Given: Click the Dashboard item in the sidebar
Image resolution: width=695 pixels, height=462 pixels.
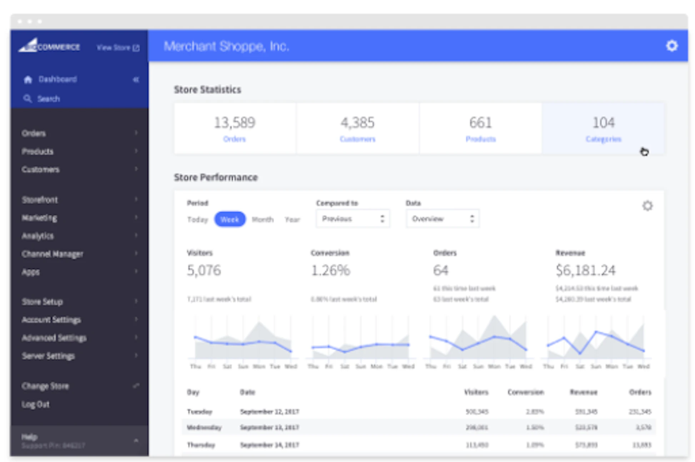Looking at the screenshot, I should pos(57,79).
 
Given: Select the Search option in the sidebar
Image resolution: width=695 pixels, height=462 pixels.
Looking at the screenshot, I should pos(48,99).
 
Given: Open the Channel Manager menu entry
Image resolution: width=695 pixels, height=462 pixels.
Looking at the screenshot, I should pos(52,254).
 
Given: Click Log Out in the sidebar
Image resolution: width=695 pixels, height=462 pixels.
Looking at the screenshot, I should pos(35,405).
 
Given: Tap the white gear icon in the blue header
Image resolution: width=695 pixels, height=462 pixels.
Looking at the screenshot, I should pos(671,46).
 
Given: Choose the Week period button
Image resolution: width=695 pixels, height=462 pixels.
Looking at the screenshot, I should pos(230,219).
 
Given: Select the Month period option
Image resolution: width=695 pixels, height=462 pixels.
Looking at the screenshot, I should pos(262,219).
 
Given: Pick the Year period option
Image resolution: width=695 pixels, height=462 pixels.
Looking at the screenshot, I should pos(292,219).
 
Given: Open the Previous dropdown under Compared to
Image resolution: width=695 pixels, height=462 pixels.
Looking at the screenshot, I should pos(352,219).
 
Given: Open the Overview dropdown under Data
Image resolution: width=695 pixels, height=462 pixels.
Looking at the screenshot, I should pos(442,219).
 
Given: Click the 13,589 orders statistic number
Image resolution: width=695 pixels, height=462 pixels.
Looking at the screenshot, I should pos(235,122).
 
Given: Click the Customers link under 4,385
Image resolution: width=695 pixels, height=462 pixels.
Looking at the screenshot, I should pos(357,139).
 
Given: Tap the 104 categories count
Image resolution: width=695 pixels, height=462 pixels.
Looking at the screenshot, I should pos(604,122).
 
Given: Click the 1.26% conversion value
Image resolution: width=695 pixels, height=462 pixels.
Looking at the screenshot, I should pos(331,270).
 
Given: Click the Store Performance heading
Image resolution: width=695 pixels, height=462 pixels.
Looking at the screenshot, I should pos(216,177).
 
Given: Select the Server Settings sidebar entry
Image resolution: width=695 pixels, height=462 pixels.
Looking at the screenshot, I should pos(48,356).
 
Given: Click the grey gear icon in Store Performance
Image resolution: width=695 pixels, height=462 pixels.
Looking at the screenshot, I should pos(647,206).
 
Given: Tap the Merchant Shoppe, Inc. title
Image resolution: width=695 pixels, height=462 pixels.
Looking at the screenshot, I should pos(226,46).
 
